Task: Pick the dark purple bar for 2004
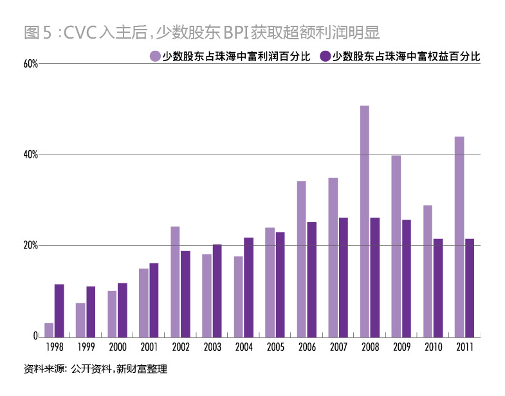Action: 248,287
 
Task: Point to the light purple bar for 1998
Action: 49,330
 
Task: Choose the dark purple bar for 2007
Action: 344,277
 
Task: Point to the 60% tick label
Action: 30,64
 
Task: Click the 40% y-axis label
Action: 30,155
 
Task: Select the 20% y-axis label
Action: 30,246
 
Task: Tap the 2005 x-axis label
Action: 275,346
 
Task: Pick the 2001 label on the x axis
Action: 148,346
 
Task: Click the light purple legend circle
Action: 155,57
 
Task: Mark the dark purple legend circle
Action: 326,57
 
